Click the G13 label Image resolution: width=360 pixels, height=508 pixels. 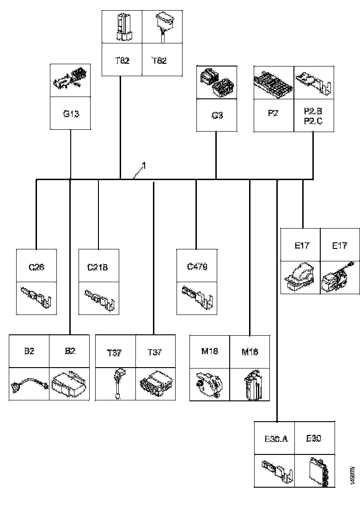(x=71, y=113)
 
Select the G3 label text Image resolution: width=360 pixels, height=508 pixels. (x=217, y=115)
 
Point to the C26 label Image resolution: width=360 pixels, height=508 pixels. (x=37, y=266)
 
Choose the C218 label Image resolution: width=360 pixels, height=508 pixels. (x=98, y=266)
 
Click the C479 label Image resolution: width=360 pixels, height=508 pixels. (x=197, y=266)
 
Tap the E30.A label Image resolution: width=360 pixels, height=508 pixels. (x=276, y=438)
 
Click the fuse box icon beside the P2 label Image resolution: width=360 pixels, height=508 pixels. (x=274, y=83)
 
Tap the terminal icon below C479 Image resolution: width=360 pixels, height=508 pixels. (x=197, y=296)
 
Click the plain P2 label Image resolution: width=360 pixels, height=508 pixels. (x=273, y=112)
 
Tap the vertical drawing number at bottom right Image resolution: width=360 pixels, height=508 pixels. (x=352, y=476)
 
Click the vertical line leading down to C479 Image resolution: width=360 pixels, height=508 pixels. (x=196, y=212)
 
